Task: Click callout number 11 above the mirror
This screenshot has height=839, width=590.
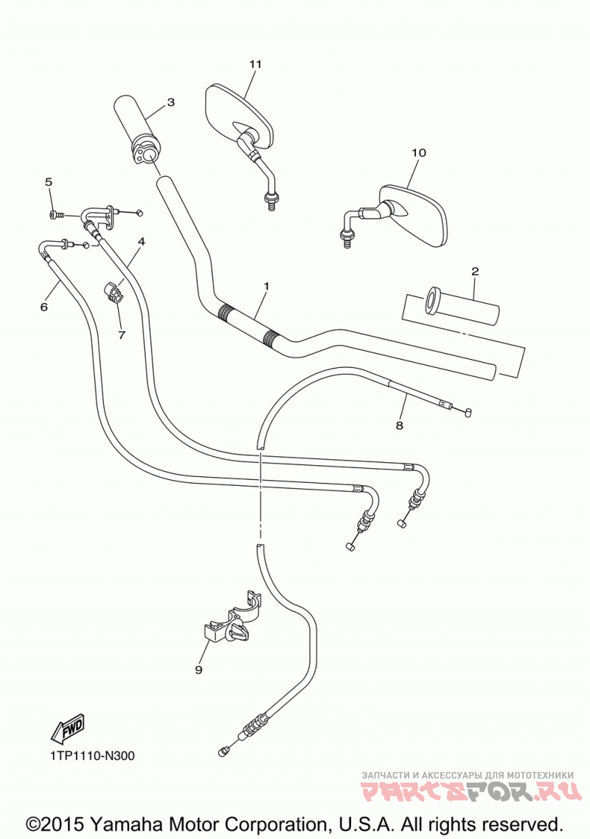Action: click(255, 64)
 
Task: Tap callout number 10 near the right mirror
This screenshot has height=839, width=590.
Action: click(419, 153)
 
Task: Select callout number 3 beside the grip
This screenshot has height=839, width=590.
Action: click(171, 102)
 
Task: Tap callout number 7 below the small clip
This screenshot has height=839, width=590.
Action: click(122, 335)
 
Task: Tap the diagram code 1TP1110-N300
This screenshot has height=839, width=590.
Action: click(93, 756)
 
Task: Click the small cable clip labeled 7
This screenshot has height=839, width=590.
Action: click(112, 292)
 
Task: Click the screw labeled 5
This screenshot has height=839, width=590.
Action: click(55, 215)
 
